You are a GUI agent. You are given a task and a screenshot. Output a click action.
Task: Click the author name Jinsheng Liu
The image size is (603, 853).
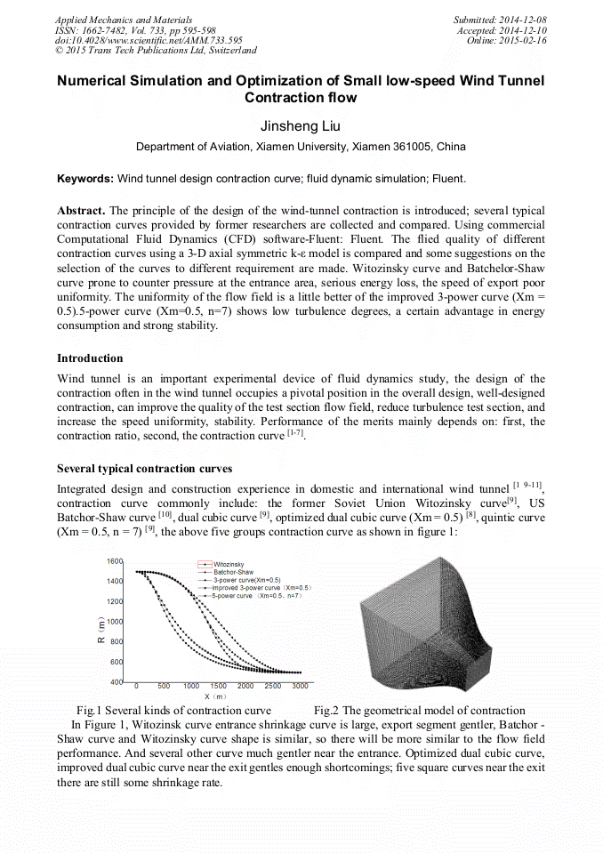point(301,126)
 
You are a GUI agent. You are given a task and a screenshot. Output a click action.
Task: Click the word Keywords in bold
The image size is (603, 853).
point(85,179)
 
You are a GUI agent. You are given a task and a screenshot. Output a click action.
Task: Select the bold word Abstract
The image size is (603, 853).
point(81,210)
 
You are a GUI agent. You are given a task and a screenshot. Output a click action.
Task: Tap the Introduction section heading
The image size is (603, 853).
point(90,358)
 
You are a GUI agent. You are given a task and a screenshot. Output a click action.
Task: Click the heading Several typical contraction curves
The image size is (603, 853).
point(144,468)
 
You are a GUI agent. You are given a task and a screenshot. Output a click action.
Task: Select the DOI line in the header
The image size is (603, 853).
point(149,41)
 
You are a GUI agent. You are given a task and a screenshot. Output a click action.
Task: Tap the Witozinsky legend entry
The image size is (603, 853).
point(229,564)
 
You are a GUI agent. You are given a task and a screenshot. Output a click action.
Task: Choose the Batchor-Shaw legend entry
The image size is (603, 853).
point(233,572)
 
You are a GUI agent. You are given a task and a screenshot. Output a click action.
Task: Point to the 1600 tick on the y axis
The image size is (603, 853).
point(115,562)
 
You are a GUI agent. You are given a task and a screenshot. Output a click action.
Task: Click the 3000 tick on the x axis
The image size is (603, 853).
point(301,687)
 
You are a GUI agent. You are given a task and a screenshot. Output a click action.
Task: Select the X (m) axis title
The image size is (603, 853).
point(215,696)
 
